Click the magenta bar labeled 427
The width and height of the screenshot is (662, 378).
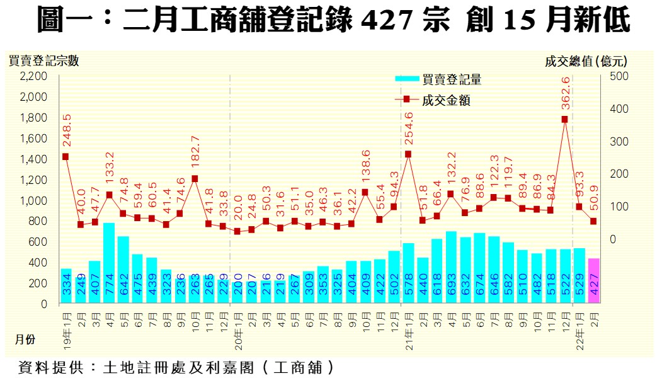pyautogui.click(x=594, y=281)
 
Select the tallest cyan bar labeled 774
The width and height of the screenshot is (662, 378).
pyautogui.click(x=109, y=263)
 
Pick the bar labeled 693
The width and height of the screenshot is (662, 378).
pyautogui.click(x=451, y=267)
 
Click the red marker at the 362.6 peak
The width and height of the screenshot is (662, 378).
pyautogui.click(x=564, y=119)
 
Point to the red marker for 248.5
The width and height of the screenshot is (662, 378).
pyautogui.click(x=66, y=157)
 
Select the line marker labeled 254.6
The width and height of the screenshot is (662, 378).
pyautogui.click(x=408, y=154)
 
